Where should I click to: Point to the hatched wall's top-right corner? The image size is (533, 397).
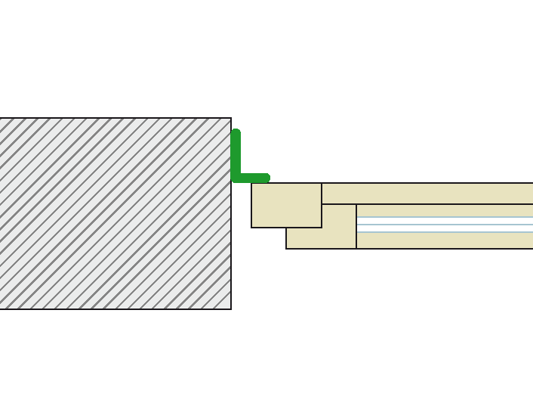point(231,118)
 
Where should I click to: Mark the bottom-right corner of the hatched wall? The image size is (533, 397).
point(231,309)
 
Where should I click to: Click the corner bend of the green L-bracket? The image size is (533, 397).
point(236,178)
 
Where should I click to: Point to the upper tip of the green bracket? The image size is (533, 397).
point(236,133)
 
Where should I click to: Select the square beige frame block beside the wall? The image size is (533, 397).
point(286,205)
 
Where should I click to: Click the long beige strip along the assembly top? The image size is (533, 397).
point(427,194)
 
